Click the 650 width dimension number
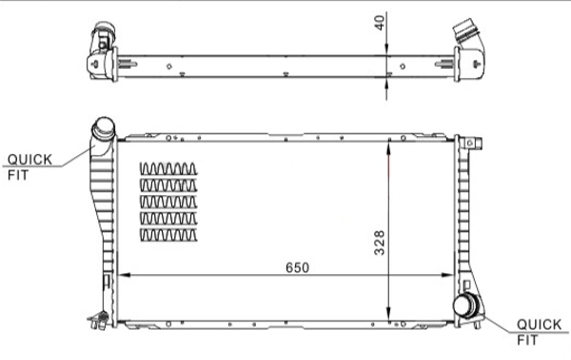click(x=296, y=268)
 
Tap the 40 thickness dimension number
click(x=380, y=23)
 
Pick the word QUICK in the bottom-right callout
click(x=539, y=324)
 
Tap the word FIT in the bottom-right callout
click(x=527, y=339)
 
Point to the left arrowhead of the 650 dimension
click(x=119, y=277)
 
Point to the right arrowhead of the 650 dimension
click(x=455, y=277)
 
